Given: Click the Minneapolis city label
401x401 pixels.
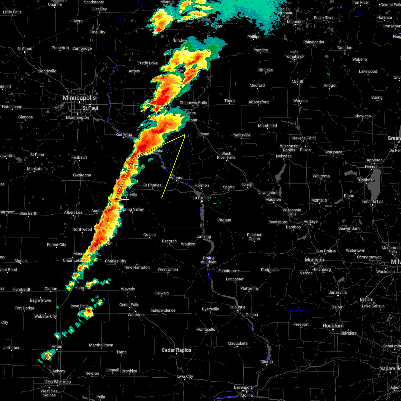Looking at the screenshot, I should click(80, 98).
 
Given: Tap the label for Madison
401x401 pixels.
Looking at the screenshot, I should click(314, 260).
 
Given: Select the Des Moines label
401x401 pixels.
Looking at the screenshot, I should click(57, 382).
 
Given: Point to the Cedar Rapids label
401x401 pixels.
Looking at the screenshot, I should click(176, 350).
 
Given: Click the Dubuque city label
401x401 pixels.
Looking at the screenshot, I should click(237, 307).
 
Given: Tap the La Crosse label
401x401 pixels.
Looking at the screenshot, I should click(202, 198).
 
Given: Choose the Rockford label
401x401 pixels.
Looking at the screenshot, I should click(333, 326).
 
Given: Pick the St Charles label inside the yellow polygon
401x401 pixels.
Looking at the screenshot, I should click(152, 185).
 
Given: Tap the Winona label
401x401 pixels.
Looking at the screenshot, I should click(176, 178).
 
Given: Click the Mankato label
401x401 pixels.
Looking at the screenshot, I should click(35, 169).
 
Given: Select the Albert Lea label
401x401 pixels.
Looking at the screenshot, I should click(73, 212).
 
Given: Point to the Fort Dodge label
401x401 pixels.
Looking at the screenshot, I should click(24, 308).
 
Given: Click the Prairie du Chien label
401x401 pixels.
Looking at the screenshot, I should click(209, 260).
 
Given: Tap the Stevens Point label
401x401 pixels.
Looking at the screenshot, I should click(304, 138).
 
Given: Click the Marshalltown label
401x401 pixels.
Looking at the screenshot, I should click(101, 345).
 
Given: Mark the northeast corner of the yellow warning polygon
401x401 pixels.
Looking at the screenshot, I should click(185, 135).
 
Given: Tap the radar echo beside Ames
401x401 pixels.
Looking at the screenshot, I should click(48, 355).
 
